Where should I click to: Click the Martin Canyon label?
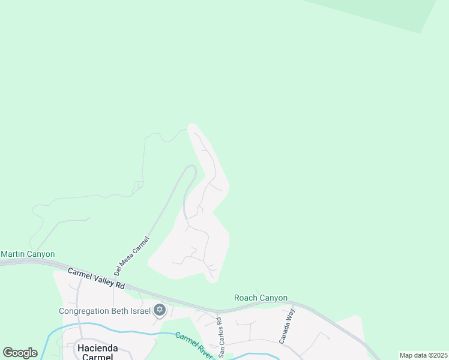coord(28,254)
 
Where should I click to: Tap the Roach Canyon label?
coord(261,298)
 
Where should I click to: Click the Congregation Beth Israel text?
coord(104,311)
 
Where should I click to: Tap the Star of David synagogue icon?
coord(159,310)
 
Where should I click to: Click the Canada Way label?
coord(287,325)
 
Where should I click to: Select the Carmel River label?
coord(193,344)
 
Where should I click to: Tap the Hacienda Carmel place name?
coord(95,352)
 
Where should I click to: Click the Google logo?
coord(20,353)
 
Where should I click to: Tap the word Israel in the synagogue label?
coord(139,311)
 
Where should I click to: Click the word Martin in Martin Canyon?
coord(13,254)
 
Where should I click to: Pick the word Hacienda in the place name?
coord(95,347)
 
